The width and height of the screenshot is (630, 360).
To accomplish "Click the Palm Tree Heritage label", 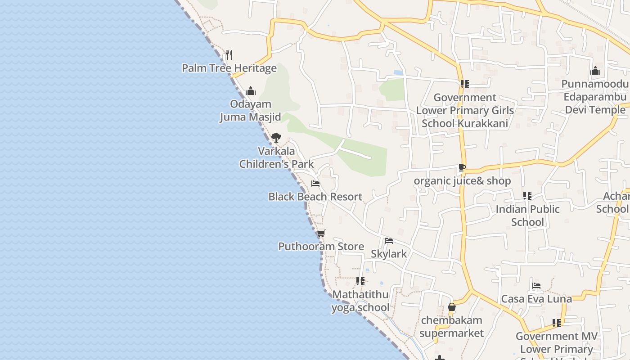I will (229, 68).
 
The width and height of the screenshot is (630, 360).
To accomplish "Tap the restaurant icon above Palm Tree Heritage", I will (229, 55).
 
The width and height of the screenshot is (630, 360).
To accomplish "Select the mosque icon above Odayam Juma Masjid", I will (251, 91).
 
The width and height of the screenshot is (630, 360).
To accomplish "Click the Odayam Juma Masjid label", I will (250, 111).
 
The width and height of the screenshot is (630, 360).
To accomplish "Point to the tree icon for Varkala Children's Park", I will (276, 138).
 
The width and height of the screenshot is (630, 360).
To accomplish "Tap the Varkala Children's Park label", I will (276, 157).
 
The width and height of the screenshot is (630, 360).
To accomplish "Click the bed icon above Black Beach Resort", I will (315, 184).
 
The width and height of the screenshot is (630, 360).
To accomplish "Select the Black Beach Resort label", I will (315, 197).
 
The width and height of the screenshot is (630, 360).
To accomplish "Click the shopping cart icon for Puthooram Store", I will (321, 233).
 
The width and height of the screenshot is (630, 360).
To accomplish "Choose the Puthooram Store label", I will (321, 246).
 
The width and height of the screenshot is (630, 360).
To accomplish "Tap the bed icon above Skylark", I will (389, 241).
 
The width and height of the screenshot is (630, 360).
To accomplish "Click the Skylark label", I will (389, 254).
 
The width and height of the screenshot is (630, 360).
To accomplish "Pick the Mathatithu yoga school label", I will (360, 301).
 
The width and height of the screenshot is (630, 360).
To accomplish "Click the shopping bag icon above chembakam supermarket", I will (452, 307).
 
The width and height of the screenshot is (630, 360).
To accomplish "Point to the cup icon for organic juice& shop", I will (462, 168).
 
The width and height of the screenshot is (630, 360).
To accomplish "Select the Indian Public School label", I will (527, 216).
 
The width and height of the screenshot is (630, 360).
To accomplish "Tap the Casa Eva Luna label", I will (536, 299).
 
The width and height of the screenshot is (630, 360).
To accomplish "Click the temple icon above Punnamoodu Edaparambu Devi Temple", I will (595, 71).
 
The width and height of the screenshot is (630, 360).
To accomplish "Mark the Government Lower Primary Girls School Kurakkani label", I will (465, 110).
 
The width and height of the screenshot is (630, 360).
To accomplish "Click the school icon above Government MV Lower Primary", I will (557, 323).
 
